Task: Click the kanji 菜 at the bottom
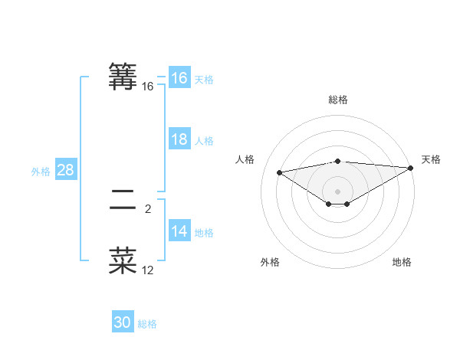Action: [123, 260]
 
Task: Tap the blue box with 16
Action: [179, 78]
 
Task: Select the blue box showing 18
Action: [179, 139]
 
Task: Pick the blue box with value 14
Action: [179, 231]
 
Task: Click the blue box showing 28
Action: [66, 170]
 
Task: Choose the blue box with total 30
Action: [123, 322]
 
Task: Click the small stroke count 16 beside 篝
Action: [147, 87]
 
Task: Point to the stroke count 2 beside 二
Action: [148, 208]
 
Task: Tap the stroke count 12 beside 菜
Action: [147, 270]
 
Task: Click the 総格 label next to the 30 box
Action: [147, 324]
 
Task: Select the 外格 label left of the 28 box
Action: [41, 172]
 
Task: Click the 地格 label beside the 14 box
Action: [204, 233]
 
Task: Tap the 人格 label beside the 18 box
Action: [204, 141]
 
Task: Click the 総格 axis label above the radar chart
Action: [337, 100]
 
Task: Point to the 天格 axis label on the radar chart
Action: [431, 159]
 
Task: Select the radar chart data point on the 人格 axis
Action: [279, 172]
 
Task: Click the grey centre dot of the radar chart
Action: [337, 191]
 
